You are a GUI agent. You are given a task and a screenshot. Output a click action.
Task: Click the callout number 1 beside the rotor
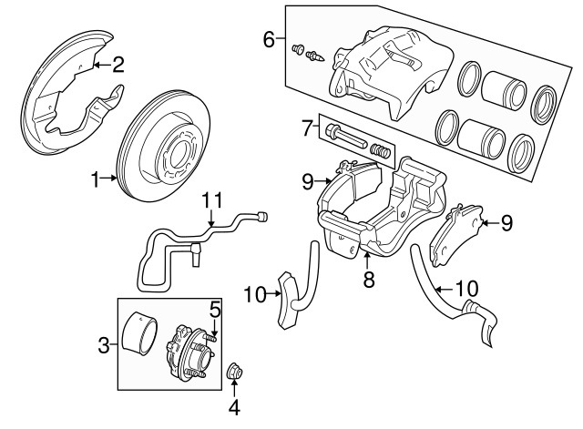tap(96, 180)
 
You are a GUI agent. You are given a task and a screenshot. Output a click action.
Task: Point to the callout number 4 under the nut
tap(234, 408)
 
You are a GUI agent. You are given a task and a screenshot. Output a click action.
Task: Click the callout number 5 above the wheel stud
tap(215, 311)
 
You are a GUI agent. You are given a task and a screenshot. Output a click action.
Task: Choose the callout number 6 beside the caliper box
tap(269, 39)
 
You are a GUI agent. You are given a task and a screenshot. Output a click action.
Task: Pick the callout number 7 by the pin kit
tap(307, 126)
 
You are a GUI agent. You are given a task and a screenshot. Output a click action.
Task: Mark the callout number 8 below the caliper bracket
tap(369, 280)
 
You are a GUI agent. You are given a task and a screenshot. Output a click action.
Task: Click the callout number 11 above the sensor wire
tap(211, 199)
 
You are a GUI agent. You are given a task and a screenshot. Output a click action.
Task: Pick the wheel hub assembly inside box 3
tap(187, 351)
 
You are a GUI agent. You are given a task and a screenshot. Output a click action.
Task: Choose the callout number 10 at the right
tap(465, 289)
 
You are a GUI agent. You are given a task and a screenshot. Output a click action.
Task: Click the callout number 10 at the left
tap(254, 293)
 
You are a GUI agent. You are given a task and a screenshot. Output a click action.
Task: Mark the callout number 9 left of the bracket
tap(307, 181)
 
